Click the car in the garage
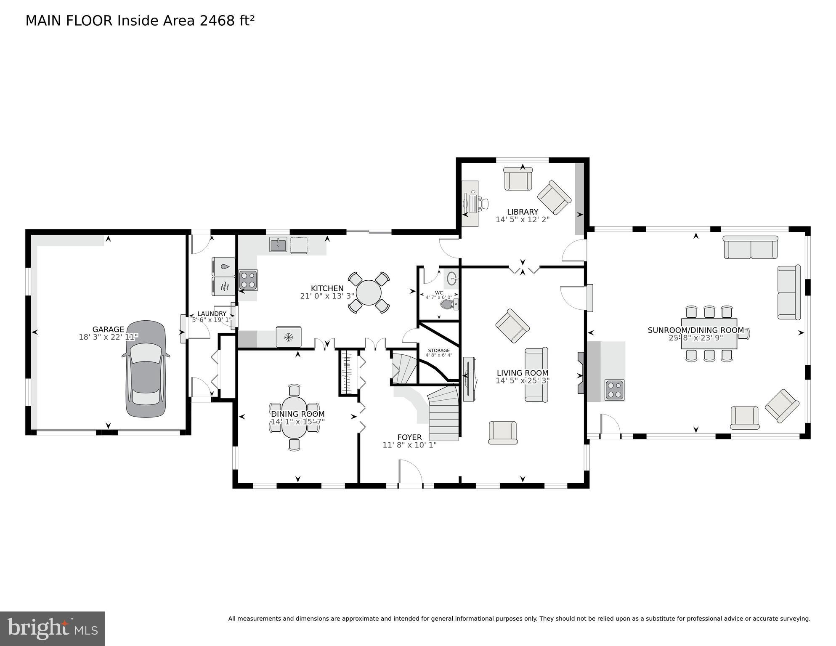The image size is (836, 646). [x=146, y=370]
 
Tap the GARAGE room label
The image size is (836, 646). [x=108, y=330]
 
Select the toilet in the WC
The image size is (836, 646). [x=447, y=304]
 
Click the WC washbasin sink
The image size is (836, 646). [x=452, y=278]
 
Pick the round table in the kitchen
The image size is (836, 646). [x=369, y=292]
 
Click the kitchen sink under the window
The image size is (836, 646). [x=278, y=245]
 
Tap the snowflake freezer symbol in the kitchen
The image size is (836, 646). [x=289, y=337]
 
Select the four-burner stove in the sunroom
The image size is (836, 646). [x=614, y=390]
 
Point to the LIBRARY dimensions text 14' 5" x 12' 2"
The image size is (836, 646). [x=522, y=220]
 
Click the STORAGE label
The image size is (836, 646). [x=438, y=351]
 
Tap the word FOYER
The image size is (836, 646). [x=409, y=437]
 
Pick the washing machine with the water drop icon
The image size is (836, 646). [x=223, y=266]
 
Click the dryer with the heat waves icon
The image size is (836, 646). [x=223, y=286]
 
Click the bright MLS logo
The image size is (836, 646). [x=52, y=628]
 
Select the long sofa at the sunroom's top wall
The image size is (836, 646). [x=750, y=247]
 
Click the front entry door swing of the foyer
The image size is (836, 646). [x=410, y=472]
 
